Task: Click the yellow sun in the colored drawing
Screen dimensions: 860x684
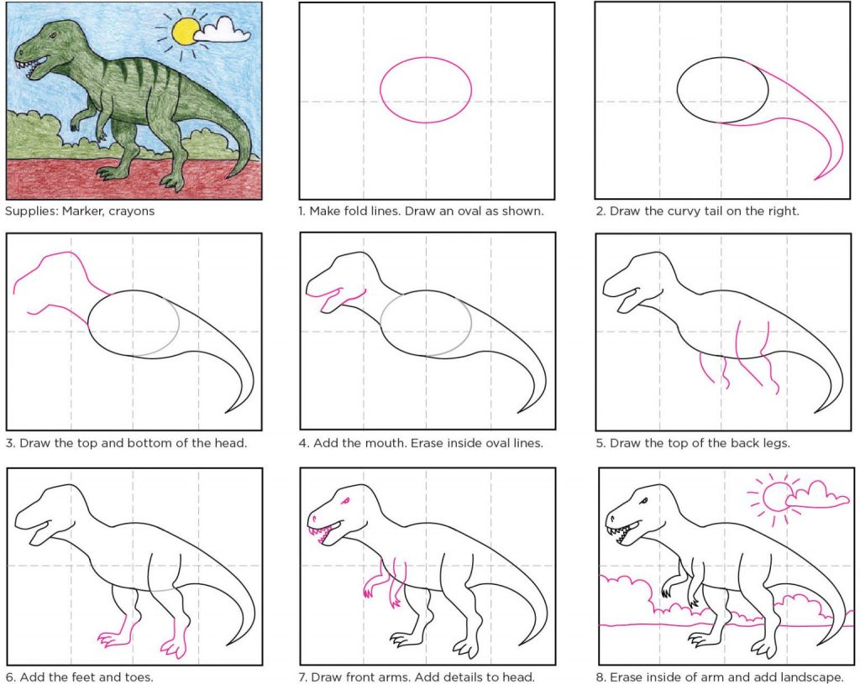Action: point(185,31)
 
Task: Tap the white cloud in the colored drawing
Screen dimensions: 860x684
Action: point(223,30)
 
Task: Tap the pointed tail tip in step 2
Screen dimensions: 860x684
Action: point(815,179)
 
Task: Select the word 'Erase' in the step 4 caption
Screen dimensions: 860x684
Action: point(428,443)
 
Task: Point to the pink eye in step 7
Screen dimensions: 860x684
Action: point(345,501)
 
